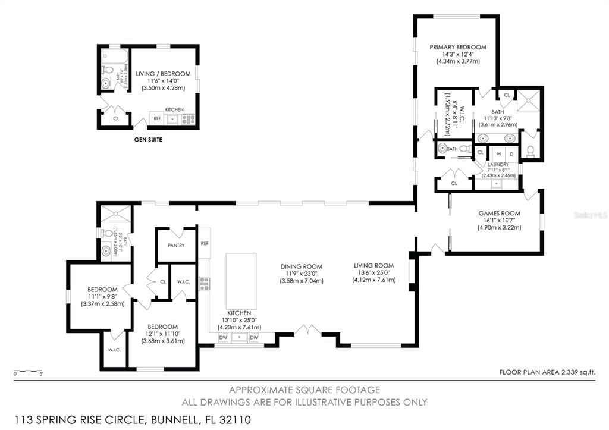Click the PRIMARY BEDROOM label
point(458,47)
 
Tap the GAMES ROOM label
point(499,213)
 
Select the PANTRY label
point(176,245)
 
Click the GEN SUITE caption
point(148,140)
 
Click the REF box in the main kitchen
point(205,243)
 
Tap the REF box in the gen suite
point(158,118)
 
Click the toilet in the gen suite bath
point(106,83)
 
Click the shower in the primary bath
point(527,101)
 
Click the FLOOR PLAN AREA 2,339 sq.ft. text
point(547,372)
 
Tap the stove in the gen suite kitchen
point(188,119)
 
